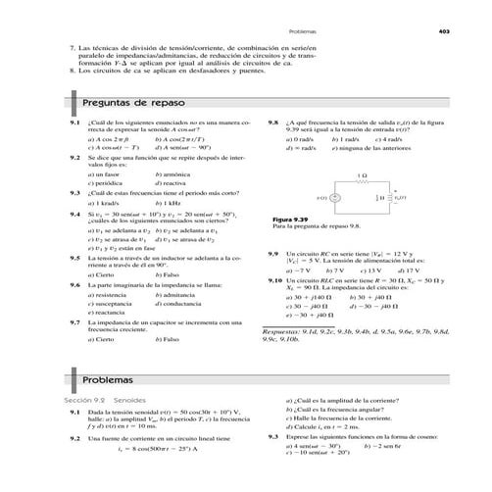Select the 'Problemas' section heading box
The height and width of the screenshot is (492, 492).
click(107, 379)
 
